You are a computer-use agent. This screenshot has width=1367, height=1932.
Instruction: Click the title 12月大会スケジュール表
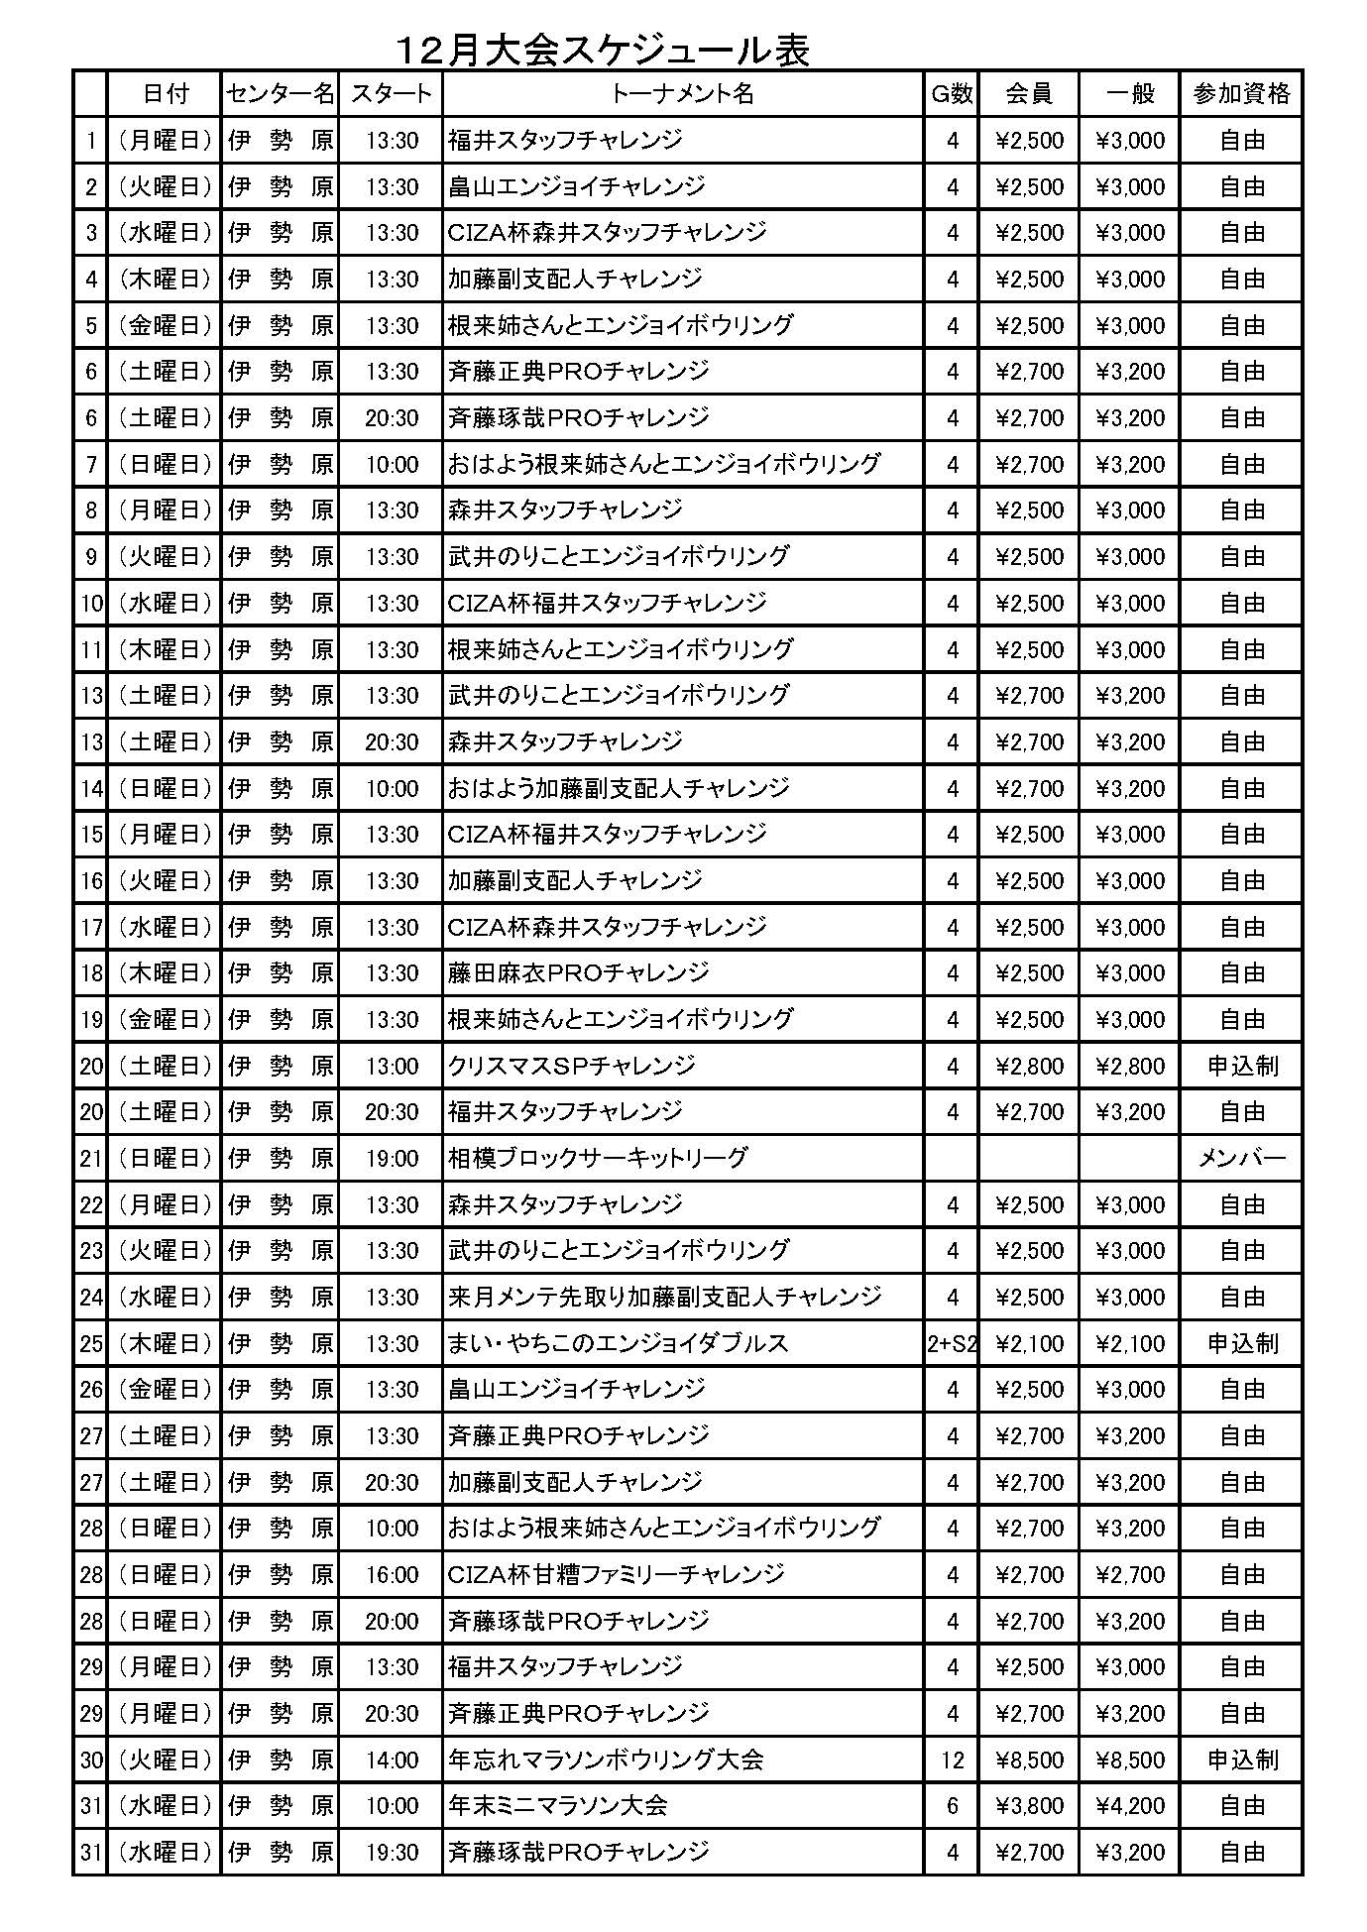pyautogui.click(x=603, y=50)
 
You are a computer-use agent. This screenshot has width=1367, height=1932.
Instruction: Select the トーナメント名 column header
pyautogui.click(x=682, y=93)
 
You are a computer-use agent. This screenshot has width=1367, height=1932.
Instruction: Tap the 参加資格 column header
pyautogui.click(x=1241, y=93)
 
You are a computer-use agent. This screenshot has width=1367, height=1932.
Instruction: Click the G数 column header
pyautogui.click(x=951, y=93)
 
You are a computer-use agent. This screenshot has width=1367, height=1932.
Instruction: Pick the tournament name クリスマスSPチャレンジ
pyautogui.click(x=571, y=1066)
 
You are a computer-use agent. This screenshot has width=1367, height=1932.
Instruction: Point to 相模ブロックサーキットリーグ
pyautogui.click(x=597, y=1158)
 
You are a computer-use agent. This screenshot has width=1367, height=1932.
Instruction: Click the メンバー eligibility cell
pyautogui.click(x=1241, y=1158)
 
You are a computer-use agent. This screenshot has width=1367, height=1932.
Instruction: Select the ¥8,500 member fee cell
pyautogui.click(x=1029, y=1760)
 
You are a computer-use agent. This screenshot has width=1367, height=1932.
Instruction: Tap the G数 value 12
pyautogui.click(x=952, y=1760)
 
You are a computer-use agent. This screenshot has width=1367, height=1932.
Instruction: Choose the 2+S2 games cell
pyautogui.click(x=952, y=1343)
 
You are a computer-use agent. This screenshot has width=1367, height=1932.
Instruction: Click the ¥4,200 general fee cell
pyautogui.click(x=1130, y=1805)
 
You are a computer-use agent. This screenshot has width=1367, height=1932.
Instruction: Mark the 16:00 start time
pyautogui.click(x=392, y=1574)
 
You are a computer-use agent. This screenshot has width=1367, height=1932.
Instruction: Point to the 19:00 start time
pyautogui.click(x=392, y=1158)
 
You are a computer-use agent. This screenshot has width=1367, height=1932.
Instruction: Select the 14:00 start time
pyautogui.click(x=392, y=1760)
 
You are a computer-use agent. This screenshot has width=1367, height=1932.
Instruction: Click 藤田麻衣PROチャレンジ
pyautogui.click(x=578, y=972)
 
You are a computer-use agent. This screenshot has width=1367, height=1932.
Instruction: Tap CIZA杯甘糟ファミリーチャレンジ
pyautogui.click(x=616, y=1574)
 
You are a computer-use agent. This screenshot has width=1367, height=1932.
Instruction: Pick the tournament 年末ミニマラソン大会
pyautogui.click(x=557, y=1805)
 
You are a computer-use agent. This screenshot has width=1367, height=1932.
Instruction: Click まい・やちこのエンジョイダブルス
pyautogui.click(x=618, y=1343)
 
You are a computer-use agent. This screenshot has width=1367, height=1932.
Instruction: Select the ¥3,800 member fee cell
pyautogui.click(x=1029, y=1805)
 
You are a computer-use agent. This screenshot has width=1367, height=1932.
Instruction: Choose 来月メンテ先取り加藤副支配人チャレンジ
pyautogui.click(x=664, y=1297)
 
